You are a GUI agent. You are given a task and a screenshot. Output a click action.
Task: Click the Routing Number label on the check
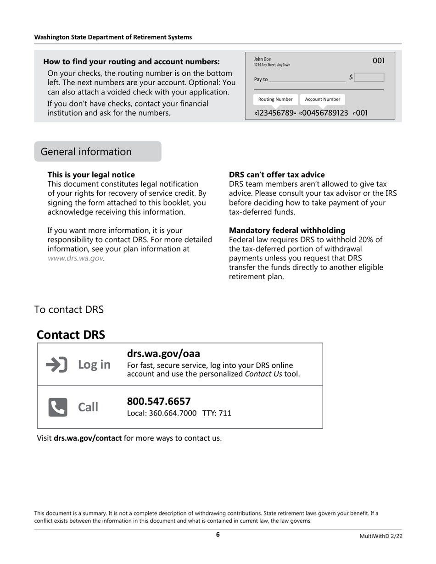click(x=275, y=99)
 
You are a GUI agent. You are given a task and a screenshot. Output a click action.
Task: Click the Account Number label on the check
click(x=323, y=99)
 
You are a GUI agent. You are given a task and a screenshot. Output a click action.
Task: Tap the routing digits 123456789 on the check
click(x=275, y=113)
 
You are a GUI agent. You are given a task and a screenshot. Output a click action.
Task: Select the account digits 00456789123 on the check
click(x=324, y=113)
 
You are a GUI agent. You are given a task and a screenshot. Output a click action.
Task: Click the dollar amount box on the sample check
click(x=369, y=77)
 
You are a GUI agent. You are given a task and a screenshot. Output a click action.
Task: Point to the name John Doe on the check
click(x=263, y=59)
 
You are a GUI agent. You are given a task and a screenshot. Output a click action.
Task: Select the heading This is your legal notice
click(x=91, y=175)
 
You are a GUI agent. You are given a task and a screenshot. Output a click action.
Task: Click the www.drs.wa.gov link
click(x=75, y=258)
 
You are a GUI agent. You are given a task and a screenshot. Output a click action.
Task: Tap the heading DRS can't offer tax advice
click(x=277, y=175)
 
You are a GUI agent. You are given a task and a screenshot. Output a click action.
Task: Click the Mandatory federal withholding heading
click(x=287, y=230)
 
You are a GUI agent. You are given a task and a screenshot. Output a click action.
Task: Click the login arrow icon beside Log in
click(x=57, y=365)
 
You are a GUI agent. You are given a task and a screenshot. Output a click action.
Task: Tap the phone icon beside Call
click(x=58, y=407)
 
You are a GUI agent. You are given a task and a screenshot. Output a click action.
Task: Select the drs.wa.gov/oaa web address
click(x=163, y=354)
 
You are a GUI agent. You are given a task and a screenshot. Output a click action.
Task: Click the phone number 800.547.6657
click(x=158, y=401)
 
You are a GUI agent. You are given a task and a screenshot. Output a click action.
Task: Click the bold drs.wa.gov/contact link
click(x=88, y=438)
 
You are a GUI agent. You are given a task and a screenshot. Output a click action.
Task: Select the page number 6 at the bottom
click(x=218, y=535)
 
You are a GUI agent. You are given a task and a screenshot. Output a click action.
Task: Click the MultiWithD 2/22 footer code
click(x=381, y=536)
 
